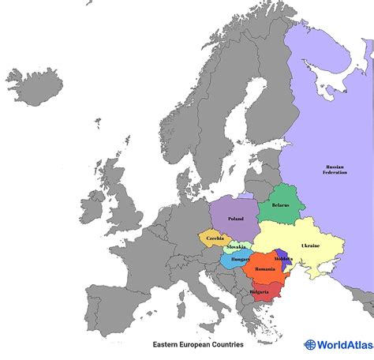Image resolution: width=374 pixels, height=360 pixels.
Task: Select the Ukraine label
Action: [x=310, y=246]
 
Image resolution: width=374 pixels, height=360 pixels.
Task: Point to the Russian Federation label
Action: [x=335, y=171]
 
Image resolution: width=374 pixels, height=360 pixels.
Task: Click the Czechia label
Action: [x=214, y=238]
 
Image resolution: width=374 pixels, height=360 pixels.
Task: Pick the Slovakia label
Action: [x=235, y=247]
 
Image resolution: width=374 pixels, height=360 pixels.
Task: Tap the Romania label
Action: [x=264, y=269]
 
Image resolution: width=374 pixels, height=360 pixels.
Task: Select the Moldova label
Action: [x=283, y=259]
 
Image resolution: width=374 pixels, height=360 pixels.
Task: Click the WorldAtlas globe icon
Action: [x=310, y=344]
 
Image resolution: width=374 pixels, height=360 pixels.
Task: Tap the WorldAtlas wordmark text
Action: [x=343, y=344]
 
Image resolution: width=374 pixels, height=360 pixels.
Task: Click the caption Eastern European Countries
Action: [x=198, y=344]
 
